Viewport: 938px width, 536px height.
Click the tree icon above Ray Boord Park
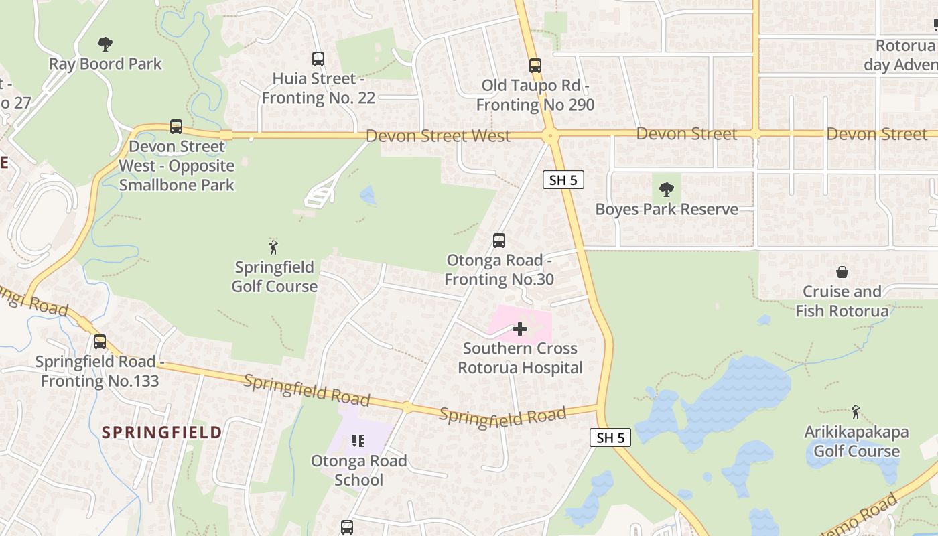click(105, 45)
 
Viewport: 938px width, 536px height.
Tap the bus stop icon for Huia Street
click(318, 59)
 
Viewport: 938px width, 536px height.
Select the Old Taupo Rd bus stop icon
click(535, 66)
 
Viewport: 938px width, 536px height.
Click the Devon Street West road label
click(438, 136)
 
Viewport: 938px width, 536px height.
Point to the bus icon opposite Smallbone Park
click(176, 126)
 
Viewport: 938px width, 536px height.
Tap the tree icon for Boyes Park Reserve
click(666, 190)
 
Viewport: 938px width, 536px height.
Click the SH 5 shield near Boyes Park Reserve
click(563, 180)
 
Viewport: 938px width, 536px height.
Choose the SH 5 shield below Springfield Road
click(611, 438)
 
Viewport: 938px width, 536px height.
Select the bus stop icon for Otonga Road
click(499, 241)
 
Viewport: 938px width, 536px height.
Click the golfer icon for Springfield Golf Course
click(273, 247)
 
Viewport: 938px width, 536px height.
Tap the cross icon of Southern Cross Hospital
click(520, 329)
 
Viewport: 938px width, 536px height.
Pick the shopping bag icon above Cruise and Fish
click(842, 272)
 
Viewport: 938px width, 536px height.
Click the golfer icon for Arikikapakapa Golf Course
click(856, 411)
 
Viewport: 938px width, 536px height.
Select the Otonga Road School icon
click(358, 441)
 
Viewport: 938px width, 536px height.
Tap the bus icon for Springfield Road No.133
click(100, 342)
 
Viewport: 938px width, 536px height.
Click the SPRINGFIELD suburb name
click(162, 433)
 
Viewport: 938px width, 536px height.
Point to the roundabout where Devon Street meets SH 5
click(551, 136)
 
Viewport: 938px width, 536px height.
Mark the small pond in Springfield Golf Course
click(368, 195)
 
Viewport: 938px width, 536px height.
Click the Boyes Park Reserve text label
click(667, 210)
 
